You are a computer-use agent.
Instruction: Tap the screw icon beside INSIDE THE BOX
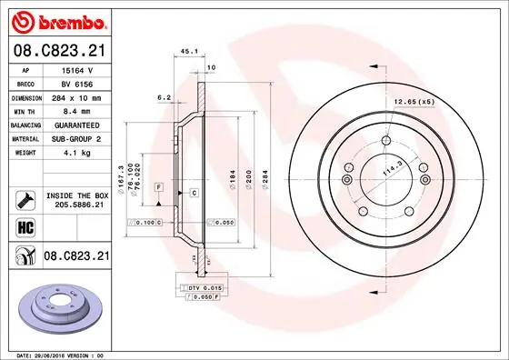25,198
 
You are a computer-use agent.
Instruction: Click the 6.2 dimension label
164,95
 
